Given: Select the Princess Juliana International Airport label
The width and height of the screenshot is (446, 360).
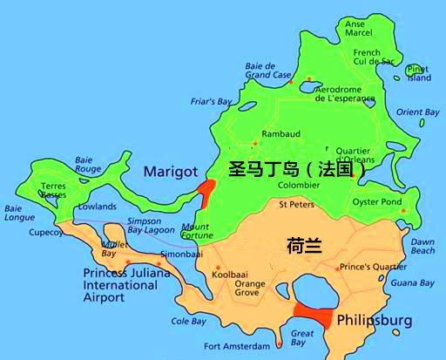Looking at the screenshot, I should point(121,284).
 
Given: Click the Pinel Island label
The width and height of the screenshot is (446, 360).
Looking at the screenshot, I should point(419,73).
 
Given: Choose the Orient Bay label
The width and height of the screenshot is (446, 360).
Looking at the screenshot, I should point(418,112).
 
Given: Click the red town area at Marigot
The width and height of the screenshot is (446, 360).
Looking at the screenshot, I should point(206,190).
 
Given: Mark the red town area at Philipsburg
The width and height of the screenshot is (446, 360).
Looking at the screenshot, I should point(313,316).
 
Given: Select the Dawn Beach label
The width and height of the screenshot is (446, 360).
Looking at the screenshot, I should point(422,246).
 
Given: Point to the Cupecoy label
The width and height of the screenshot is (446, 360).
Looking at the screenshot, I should point(44,233).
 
